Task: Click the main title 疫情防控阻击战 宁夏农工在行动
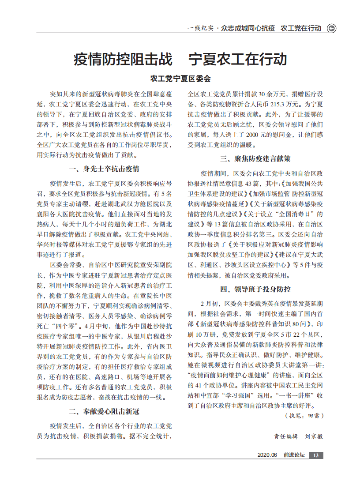(180, 59)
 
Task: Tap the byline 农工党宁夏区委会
(180, 79)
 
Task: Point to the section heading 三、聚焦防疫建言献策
(255, 158)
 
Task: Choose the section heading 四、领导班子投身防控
(255, 289)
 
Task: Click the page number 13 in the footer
(316, 455)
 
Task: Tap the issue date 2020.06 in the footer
(267, 455)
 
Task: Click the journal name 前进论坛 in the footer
(294, 455)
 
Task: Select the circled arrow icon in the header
(331, 28)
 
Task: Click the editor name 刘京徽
(314, 436)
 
